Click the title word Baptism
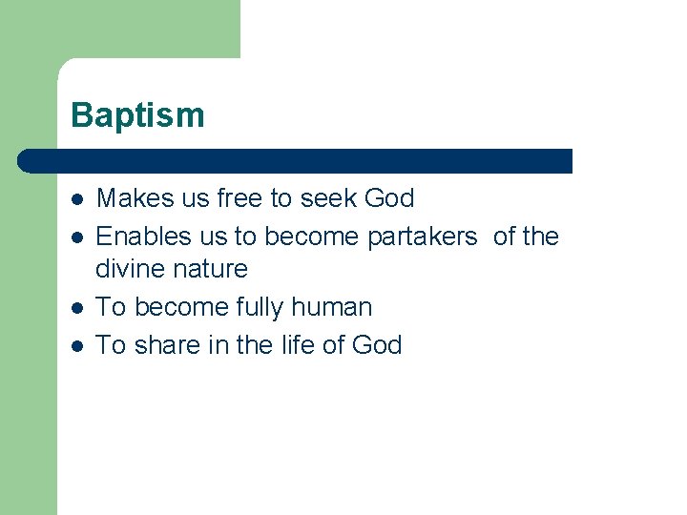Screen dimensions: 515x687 point(137,115)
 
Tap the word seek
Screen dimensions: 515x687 point(328,198)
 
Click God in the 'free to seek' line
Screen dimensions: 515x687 point(389,198)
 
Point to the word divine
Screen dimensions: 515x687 point(128,269)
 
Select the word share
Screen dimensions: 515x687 point(167,344)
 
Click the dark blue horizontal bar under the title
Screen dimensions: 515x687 point(296,160)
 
